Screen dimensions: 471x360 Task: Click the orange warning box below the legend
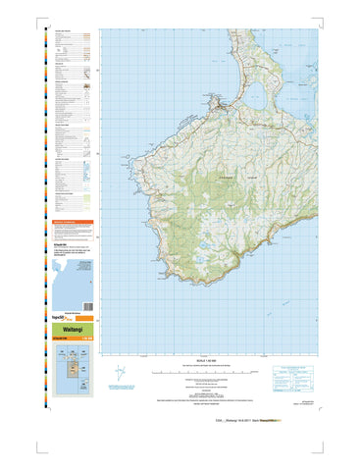point(74,229)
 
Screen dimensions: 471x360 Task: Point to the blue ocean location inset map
point(74,281)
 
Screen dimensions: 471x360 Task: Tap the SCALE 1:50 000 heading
point(211,362)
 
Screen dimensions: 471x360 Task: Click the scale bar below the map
point(211,373)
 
